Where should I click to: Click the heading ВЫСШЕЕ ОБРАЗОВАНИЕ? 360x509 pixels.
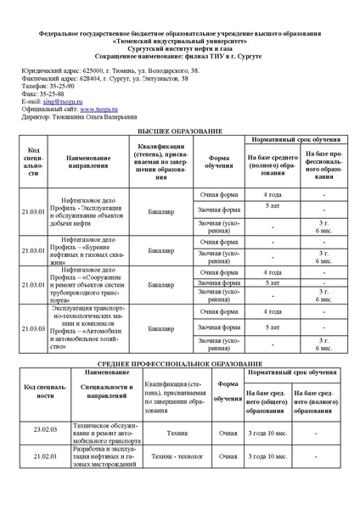(x=180, y=132)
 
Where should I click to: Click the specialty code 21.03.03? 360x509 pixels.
(x=35, y=327)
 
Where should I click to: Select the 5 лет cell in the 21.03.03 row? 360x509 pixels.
(x=272, y=327)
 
